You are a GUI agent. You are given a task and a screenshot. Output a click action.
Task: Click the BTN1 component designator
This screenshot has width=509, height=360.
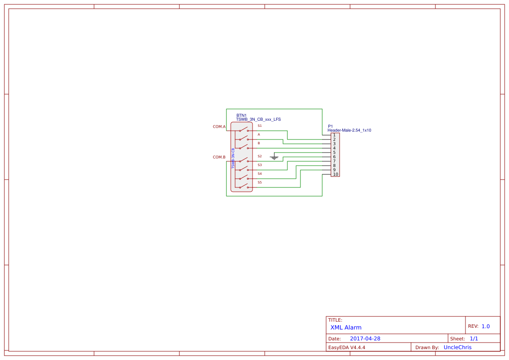coord(241,115)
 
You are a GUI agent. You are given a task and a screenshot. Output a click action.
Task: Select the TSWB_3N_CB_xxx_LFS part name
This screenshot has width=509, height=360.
coord(258,119)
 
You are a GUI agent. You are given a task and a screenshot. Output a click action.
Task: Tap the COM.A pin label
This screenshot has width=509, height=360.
coord(219,127)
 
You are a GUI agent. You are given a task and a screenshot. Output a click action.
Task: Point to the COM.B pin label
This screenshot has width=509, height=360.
coord(219,157)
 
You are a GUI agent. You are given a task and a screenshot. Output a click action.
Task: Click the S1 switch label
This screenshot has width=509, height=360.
coord(260,126)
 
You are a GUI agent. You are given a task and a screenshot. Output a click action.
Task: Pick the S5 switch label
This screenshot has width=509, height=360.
coord(260,182)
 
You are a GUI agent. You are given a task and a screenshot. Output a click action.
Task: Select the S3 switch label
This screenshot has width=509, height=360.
coord(260,165)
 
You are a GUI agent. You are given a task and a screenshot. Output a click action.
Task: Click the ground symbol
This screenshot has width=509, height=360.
coord(274,157)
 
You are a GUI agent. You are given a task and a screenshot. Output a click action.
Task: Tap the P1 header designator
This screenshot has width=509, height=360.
coord(330,126)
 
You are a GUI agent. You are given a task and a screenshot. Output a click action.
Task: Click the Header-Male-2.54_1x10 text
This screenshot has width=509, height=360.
coord(349,130)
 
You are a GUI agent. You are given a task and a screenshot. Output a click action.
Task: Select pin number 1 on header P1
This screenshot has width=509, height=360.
coord(334,135)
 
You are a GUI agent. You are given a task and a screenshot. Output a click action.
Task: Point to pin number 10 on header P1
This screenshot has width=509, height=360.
coord(335,174)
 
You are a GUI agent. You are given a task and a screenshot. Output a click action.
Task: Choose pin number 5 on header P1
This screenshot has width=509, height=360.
coord(334,153)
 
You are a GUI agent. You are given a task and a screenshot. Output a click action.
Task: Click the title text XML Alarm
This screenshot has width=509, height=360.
coord(346,327)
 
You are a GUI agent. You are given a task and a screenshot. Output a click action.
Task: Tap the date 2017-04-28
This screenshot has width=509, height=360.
coord(365,339)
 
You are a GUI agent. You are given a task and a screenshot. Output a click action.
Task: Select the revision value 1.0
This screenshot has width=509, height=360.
coord(485,326)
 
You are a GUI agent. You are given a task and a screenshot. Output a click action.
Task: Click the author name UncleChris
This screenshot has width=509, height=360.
coord(457,347)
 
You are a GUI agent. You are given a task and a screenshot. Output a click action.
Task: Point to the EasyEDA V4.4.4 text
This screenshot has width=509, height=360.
coord(347,347)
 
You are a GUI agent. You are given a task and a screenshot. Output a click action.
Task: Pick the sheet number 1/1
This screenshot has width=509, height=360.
coord(474,339)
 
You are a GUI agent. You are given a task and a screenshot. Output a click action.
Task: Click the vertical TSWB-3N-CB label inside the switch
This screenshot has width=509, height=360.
coord(233,158)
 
